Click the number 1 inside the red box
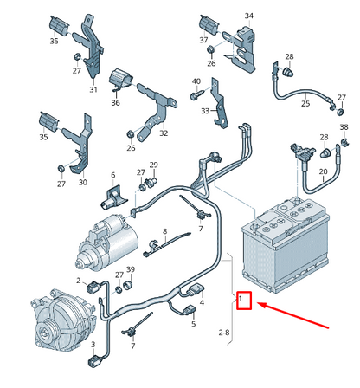point(241,299)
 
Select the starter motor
point(106,242)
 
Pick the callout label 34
point(248,16)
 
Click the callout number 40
point(196,81)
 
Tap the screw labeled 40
point(197,94)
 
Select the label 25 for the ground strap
point(305,103)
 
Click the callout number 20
point(323,171)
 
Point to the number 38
point(344,127)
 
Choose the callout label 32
point(164,133)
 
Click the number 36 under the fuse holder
point(115,102)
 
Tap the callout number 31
point(93,89)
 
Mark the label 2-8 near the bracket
point(224,333)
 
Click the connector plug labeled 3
point(94,362)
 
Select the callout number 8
point(164,231)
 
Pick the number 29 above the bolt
point(153,165)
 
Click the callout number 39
point(131,269)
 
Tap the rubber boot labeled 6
point(113,198)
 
